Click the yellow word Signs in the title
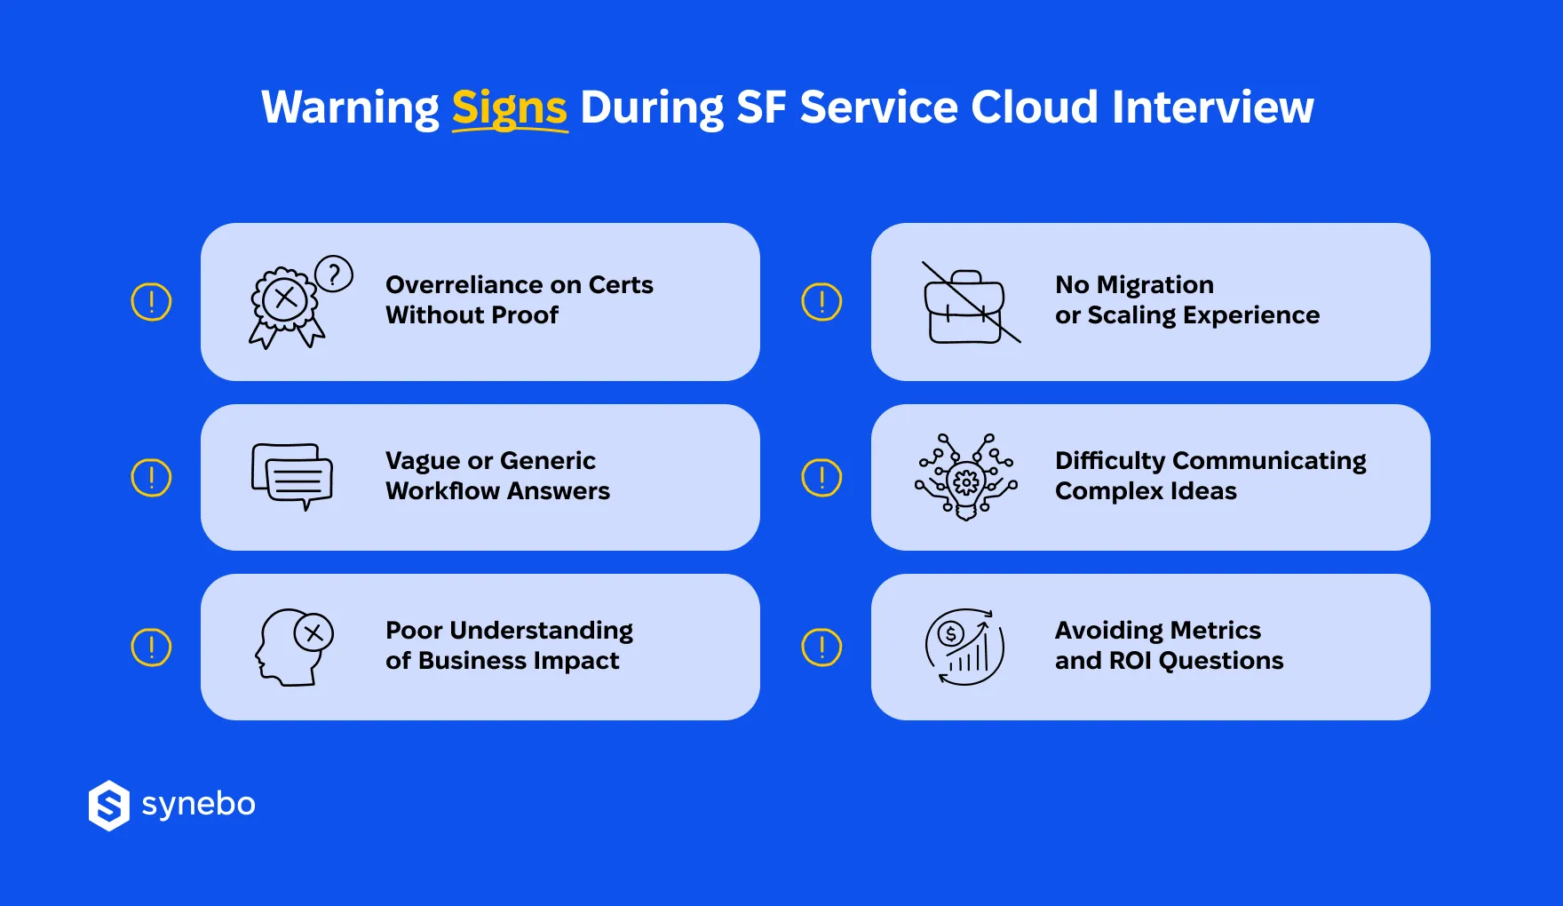point(509,108)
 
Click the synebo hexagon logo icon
point(109,806)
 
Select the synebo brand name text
point(199,804)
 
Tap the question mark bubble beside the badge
point(334,274)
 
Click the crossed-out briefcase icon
point(967,305)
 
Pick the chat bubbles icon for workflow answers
point(292,476)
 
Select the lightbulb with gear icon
point(966,478)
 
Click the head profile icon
point(293,648)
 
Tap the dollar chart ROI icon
point(965,648)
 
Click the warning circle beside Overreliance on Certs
point(151,302)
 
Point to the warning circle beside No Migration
point(821,302)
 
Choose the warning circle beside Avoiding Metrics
point(821,648)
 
